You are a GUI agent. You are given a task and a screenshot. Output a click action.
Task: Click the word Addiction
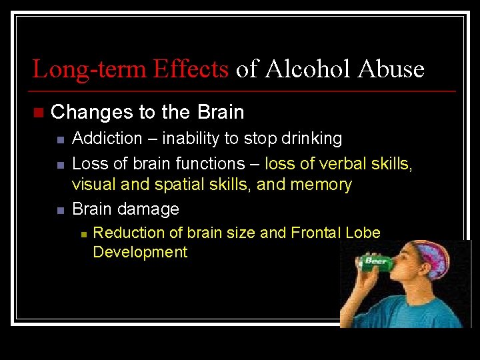(x=107, y=139)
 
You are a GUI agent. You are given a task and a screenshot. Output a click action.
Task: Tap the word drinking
(x=308, y=139)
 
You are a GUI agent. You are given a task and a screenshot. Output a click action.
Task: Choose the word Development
(x=140, y=252)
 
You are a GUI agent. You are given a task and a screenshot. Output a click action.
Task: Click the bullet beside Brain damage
(x=59, y=210)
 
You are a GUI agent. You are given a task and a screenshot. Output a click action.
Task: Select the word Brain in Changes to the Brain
(x=221, y=112)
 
